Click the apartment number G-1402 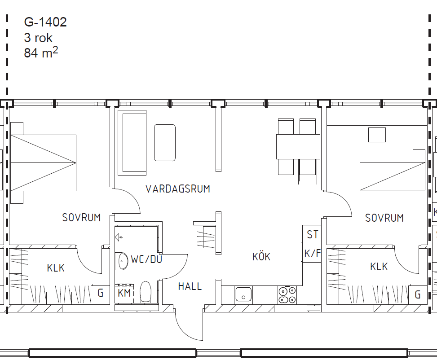pos(45,22)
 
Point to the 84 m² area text pos(41,53)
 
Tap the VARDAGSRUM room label pos(178,189)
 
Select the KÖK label pos(261,256)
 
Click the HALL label pos(190,286)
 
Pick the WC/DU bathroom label pos(146,259)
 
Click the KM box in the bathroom pos(124,293)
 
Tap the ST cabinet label pos(313,235)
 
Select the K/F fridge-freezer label pos(312,254)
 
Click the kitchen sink pos(243,294)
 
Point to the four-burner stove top pos(287,295)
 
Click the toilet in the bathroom pos(145,292)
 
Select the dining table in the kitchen pos(298,147)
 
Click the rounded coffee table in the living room pos(165,143)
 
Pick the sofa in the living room pos(132,143)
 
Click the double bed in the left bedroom pos(43,163)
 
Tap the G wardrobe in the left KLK pos(100,293)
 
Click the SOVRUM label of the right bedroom pos(384,218)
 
